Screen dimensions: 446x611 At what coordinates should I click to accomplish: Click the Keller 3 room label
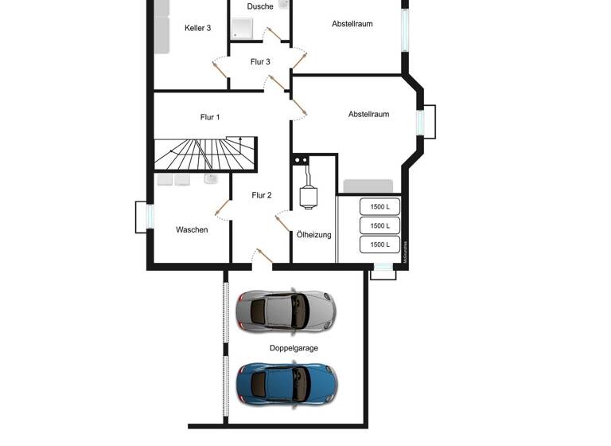[x=197, y=28]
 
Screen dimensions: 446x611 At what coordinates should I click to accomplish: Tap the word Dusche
[x=260, y=6]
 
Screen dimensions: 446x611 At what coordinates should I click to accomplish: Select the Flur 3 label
[x=260, y=62]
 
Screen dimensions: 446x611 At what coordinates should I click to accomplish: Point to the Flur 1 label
[x=210, y=117]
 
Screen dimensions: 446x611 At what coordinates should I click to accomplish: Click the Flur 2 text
[x=262, y=195]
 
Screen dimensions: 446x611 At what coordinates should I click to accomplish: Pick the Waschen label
[x=192, y=230]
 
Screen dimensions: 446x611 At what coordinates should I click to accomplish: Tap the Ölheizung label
[x=314, y=235]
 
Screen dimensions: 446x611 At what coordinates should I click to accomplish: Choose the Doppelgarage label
[x=294, y=349]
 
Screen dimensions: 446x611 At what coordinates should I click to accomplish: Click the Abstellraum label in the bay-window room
[x=368, y=115]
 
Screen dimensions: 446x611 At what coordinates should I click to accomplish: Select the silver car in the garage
[x=286, y=310]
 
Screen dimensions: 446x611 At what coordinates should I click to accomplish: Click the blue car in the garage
[x=286, y=382]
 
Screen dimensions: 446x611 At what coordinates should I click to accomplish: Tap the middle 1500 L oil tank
[x=380, y=225]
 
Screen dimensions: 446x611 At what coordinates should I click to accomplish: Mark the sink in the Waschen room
[x=210, y=179]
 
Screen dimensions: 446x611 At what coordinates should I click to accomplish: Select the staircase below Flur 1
[x=204, y=153]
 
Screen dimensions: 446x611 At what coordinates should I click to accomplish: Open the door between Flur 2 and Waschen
[x=222, y=210]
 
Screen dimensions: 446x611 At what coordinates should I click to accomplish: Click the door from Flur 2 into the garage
[x=262, y=256]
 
